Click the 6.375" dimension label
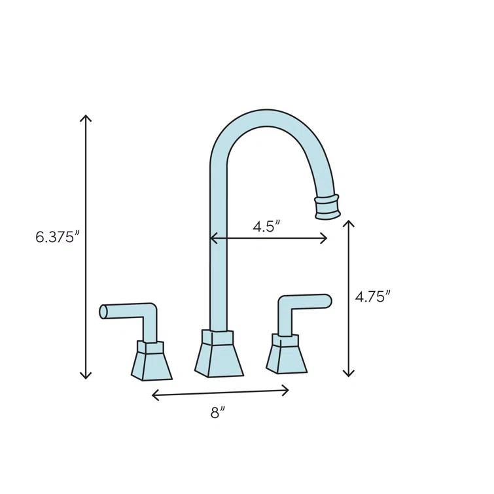[x=57, y=237]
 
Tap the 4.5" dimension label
[x=267, y=226]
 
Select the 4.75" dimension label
[x=372, y=296]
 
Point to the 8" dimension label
[x=219, y=412]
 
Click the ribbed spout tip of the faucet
[x=327, y=206]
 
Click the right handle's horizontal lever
[x=308, y=301]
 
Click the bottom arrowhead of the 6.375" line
[x=85, y=376]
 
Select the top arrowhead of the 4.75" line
[x=348, y=222]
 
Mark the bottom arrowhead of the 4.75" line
[x=348, y=374]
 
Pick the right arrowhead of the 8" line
[x=287, y=391]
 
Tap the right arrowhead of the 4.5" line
[x=325, y=239]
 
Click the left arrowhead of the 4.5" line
[x=213, y=239]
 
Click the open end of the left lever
[x=103, y=312]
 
